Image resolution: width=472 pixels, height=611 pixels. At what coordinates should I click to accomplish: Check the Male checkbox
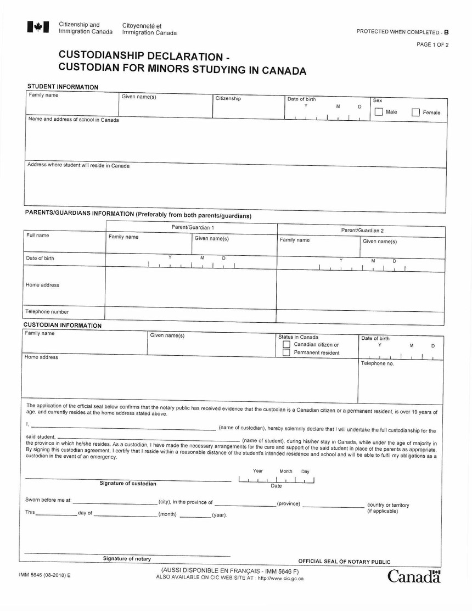tap(379, 112)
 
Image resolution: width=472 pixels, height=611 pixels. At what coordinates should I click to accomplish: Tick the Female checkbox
tap(415, 113)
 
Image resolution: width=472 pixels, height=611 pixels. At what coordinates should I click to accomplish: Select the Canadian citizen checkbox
tap(286, 344)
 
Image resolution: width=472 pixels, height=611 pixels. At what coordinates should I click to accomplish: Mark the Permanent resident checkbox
tap(286, 352)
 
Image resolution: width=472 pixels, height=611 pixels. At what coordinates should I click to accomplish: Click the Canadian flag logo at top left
tap(38, 27)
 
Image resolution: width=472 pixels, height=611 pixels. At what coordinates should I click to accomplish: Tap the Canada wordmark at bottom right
tap(414, 576)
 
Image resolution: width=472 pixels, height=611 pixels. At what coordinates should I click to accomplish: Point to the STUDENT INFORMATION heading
tap(63, 87)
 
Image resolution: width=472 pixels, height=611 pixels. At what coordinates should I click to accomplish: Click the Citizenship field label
tap(228, 99)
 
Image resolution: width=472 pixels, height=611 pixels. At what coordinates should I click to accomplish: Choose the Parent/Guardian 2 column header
tap(362, 230)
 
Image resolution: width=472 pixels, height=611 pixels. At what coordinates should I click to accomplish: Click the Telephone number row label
tap(47, 312)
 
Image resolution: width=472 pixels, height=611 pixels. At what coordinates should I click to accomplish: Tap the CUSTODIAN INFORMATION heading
tap(63, 326)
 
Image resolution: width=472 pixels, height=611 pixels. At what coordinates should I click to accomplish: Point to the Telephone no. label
tap(377, 363)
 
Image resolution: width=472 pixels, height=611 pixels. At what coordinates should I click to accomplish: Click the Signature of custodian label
tap(128, 484)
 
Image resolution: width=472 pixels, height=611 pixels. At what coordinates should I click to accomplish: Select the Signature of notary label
tap(127, 559)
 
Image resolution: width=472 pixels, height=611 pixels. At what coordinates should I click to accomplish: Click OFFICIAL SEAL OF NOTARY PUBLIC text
tap(344, 562)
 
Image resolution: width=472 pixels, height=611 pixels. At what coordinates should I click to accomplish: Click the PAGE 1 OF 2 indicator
tap(432, 44)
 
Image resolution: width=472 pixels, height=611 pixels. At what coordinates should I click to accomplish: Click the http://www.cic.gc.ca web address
tap(280, 578)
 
